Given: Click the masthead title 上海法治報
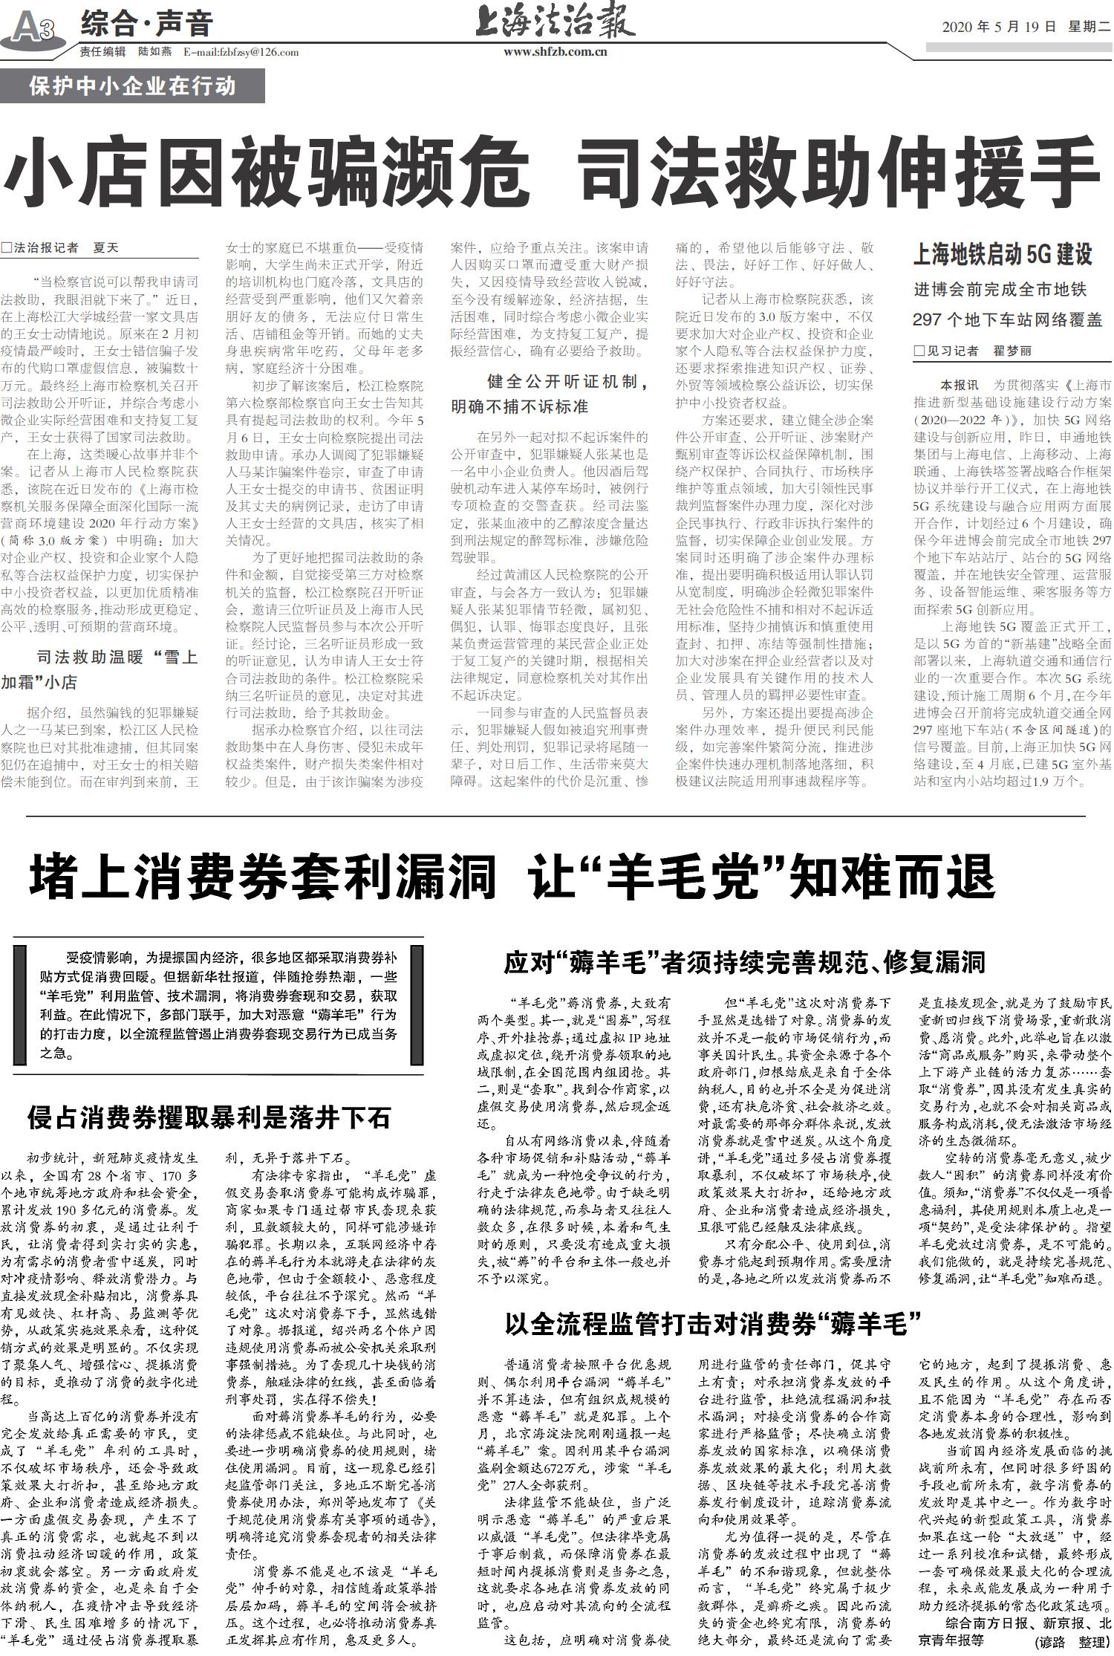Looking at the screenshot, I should click(555, 22).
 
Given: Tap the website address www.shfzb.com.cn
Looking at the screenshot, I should click(555, 52).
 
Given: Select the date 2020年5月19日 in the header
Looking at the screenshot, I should click(998, 27).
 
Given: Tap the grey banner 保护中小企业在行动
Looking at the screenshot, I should click(132, 86).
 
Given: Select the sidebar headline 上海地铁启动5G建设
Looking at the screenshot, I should click(1003, 255).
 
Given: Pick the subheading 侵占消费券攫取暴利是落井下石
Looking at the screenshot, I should click(209, 1117).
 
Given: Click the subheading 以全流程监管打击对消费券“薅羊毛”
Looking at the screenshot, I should click(712, 1323).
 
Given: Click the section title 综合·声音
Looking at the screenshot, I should click(146, 25).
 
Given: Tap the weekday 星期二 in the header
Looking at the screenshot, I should click(1088, 27).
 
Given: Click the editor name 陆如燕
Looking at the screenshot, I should click(155, 52).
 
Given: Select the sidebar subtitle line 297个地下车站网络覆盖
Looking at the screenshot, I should click(1007, 320).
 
